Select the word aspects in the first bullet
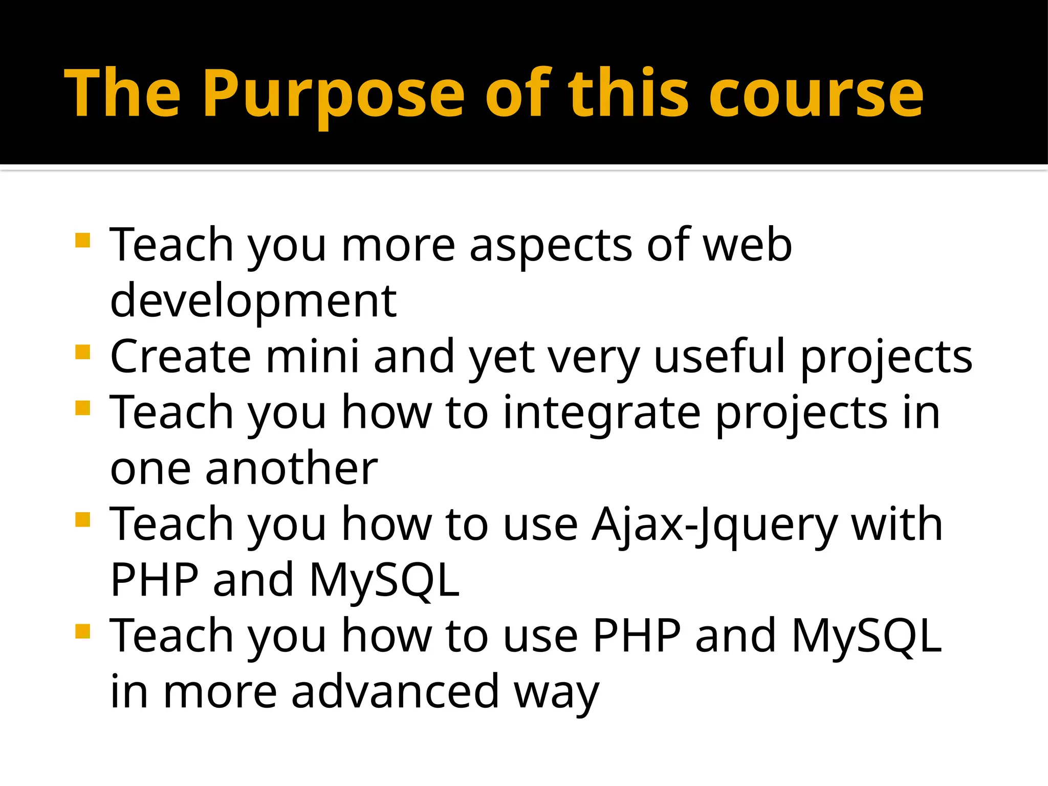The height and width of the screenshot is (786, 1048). tap(551, 246)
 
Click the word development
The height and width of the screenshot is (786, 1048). tap(253, 300)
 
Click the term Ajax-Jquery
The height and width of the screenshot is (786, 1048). tap(714, 525)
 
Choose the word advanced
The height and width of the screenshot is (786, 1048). tap(395, 692)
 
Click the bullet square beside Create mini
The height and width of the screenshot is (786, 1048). tap(82, 352)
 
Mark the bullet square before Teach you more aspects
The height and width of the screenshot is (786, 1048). tap(82, 240)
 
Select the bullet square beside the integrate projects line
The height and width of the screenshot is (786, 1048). tap(82, 408)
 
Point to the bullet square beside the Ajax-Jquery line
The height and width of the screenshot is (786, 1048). tap(82, 520)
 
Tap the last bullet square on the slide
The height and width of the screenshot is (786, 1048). tap(82, 631)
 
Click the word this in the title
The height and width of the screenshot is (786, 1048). tap(628, 95)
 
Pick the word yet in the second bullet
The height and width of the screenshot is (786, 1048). tap(502, 357)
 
